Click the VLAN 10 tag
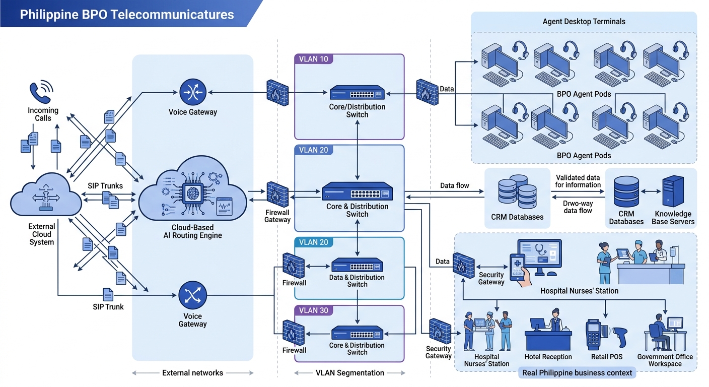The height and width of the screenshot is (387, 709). pos(313,59)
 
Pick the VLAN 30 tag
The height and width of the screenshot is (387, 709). pos(313,310)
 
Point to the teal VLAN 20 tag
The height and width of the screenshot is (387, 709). pos(313,242)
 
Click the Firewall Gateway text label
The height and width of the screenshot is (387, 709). pos(277,216)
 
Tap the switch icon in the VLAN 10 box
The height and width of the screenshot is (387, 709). pos(358,92)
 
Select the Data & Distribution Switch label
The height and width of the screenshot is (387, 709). pos(358,281)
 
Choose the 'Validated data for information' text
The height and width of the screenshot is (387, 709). pos(578,181)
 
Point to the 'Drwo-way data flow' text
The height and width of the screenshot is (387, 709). pos(578,207)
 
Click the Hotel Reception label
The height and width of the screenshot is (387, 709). pos(548,357)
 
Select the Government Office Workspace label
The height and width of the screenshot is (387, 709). pos(665,360)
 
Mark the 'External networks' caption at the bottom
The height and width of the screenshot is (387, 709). pos(192,373)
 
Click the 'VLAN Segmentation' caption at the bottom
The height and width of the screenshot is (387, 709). pos(349,373)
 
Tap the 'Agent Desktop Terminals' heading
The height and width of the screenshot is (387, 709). pos(584,22)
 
